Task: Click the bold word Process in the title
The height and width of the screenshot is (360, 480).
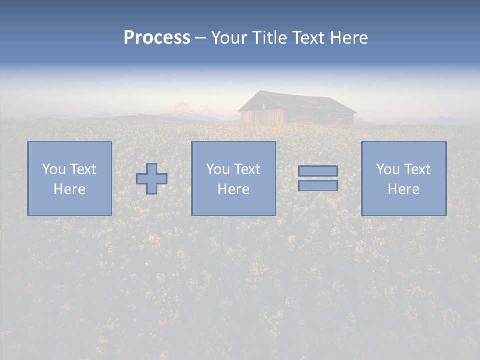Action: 157,38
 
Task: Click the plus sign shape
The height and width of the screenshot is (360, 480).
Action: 152,179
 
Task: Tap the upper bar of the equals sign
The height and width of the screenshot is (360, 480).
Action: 318,171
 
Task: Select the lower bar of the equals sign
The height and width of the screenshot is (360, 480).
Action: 318,186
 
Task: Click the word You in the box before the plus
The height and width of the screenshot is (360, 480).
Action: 53,169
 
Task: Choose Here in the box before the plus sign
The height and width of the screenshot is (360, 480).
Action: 69,189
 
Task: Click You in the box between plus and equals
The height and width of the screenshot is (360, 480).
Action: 218,169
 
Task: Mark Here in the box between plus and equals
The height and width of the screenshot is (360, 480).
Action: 233,189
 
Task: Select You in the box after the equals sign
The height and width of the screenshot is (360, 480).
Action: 388,169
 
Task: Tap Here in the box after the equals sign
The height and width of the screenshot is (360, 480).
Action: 403,189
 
